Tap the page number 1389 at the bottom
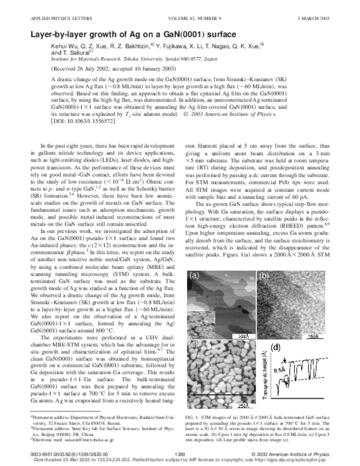(x=179, y=451)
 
